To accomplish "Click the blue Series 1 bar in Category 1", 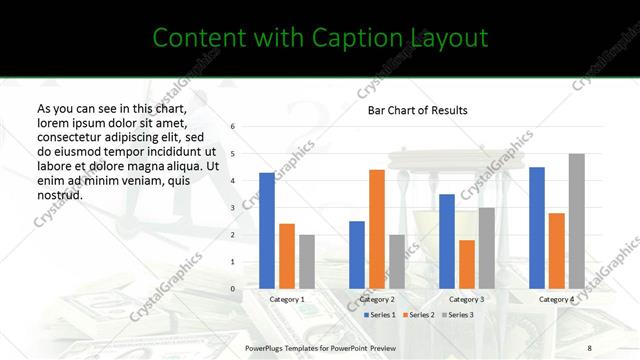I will pos(266,231).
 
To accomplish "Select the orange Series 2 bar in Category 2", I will pos(376,229).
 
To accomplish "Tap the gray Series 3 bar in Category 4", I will pos(576,221).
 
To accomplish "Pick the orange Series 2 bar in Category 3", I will pos(466,264).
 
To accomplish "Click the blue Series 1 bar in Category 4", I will pos(536,228).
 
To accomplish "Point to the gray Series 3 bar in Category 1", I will pos(306,262).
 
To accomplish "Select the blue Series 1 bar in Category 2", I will pos(356,255).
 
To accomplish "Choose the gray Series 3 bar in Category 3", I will pos(486,248).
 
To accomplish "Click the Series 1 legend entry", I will pos(379,315).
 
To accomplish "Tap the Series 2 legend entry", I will pos(418,315).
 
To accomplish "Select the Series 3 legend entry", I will pos(457,315).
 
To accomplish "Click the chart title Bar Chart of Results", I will pos(417,110).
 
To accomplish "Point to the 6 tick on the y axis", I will pos(232,127).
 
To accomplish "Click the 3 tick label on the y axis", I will pos(232,208).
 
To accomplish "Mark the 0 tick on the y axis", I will pos(232,289).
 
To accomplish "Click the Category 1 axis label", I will pos(287,299).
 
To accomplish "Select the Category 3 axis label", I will pos(466,299).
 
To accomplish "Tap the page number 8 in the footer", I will pos(588,347).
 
